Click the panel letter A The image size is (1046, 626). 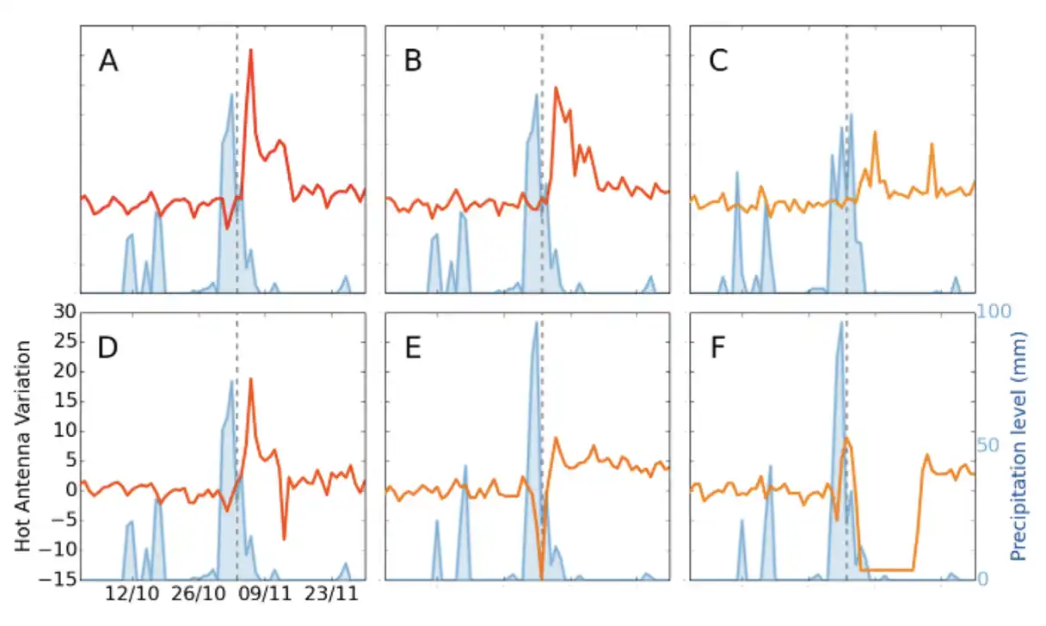(108, 61)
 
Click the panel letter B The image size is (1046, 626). (413, 61)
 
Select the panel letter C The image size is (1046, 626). (718, 61)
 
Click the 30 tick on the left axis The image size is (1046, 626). (65, 312)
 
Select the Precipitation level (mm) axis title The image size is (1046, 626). (1021, 445)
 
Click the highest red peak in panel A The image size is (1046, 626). (250, 51)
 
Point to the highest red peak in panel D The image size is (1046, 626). (250, 379)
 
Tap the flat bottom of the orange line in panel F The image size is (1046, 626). (886, 569)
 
